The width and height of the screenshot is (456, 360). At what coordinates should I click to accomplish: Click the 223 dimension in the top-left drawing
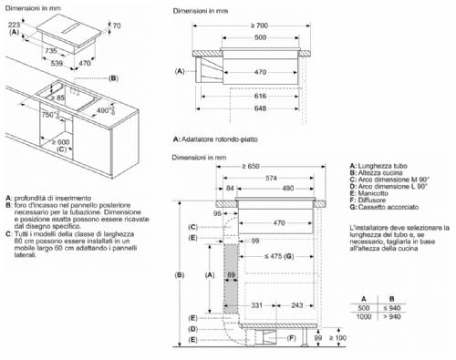[14, 23]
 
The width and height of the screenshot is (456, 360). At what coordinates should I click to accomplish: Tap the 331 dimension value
[259, 304]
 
